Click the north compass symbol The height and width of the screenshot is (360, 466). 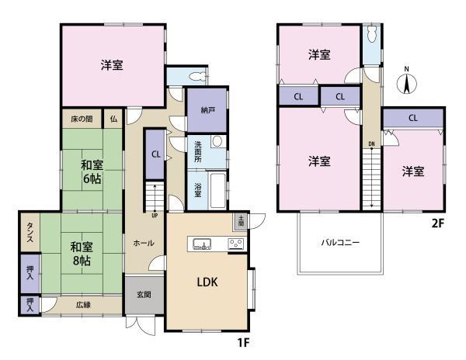click(407, 82)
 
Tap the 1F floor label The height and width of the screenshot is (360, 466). click(243, 343)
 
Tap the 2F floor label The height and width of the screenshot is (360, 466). click(438, 223)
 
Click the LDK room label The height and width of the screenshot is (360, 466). click(207, 282)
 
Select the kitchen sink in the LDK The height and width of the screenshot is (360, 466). click(202, 244)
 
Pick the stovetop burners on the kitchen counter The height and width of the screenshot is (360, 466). click(236, 244)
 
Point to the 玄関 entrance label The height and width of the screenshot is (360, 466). click(144, 294)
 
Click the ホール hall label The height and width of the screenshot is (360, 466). click(144, 243)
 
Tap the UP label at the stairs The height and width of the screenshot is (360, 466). click(155, 216)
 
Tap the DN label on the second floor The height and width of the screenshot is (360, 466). click(371, 144)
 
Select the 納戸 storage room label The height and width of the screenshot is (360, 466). click(207, 110)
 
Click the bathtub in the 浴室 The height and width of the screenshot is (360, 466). click(217, 190)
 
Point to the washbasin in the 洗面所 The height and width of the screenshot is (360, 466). click(218, 141)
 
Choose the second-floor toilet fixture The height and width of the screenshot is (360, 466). click(372, 34)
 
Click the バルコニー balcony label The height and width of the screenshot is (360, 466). click(340, 243)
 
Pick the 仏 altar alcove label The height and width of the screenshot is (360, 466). click(113, 119)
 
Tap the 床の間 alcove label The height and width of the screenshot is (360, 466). click(82, 119)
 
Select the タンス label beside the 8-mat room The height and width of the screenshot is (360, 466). click(30, 232)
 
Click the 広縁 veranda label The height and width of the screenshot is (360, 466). click(83, 304)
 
